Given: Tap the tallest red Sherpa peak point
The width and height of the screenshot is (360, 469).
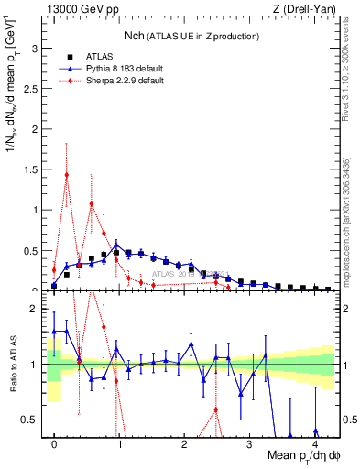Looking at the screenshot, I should click(67, 174).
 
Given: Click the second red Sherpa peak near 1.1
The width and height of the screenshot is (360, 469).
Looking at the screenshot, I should click(92, 203).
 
